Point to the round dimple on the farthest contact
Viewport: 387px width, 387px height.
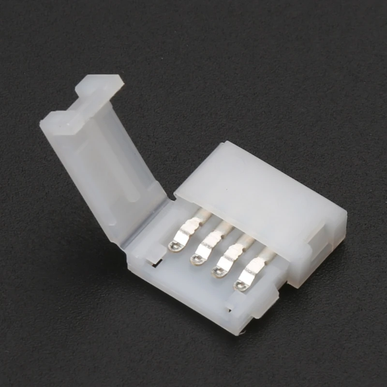239,285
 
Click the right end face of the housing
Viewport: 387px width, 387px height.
334,232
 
